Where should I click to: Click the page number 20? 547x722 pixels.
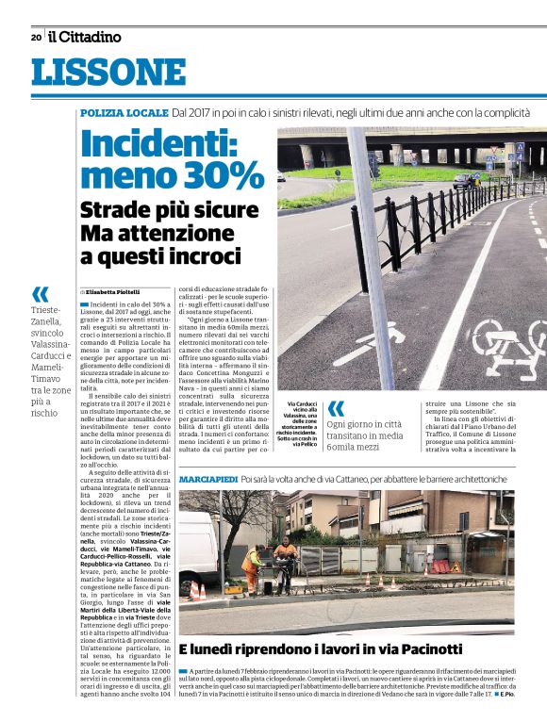coord(36,38)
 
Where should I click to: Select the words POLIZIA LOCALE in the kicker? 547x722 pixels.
coord(124,113)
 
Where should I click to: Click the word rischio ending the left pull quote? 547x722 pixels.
coord(44,413)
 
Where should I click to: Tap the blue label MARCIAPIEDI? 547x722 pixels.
coord(207,480)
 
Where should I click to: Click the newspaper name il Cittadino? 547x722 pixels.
coord(86,38)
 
